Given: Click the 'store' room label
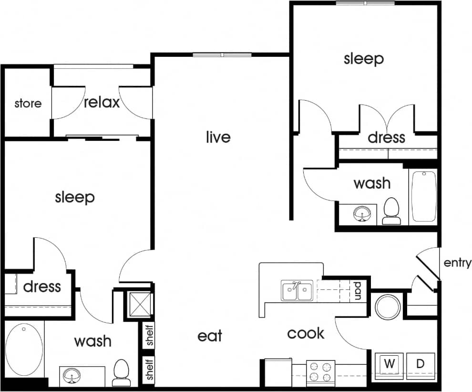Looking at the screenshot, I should click(x=28, y=104).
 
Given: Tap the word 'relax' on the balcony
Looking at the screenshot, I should click(x=102, y=102).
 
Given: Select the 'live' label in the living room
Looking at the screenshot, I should click(x=218, y=138).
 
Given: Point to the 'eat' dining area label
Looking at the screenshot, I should click(x=210, y=336).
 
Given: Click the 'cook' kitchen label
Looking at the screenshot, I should click(x=306, y=333).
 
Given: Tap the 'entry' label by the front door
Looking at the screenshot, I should click(x=457, y=263).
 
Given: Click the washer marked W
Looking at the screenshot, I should click(x=390, y=364).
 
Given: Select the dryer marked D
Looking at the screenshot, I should click(x=420, y=364).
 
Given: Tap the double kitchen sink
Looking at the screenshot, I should click(x=297, y=291).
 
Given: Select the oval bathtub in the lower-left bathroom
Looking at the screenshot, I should click(x=23, y=350).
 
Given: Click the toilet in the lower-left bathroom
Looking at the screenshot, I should click(x=121, y=372).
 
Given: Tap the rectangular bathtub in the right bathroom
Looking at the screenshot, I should click(x=423, y=196).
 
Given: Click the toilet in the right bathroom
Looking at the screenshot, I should click(x=391, y=211).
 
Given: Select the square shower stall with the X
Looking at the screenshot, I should click(x=139, y=304).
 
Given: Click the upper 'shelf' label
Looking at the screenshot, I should click(x=150, y=336).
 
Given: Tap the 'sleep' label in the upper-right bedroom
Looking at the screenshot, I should click(x=364, y=59).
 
